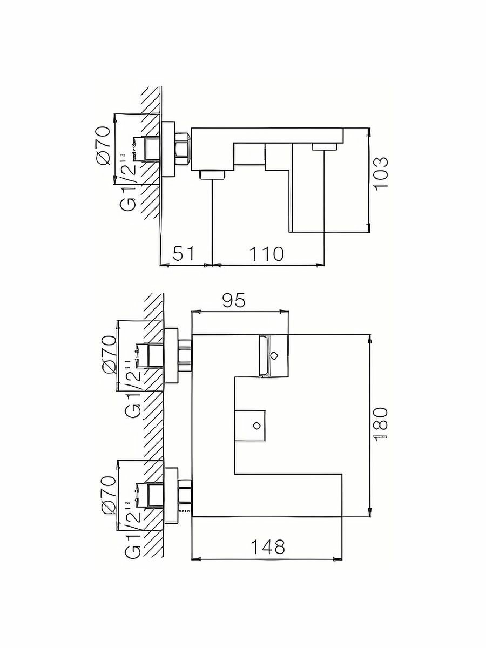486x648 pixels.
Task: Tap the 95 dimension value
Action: pyautogui.click(x=233, y=300)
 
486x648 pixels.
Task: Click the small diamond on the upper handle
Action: pyautogui.click(x=275, y=356)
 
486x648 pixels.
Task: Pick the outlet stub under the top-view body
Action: pyautogui.click(x=212, y=174)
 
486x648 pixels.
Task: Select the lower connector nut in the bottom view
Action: pyautogui.click(x=185, y=495)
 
